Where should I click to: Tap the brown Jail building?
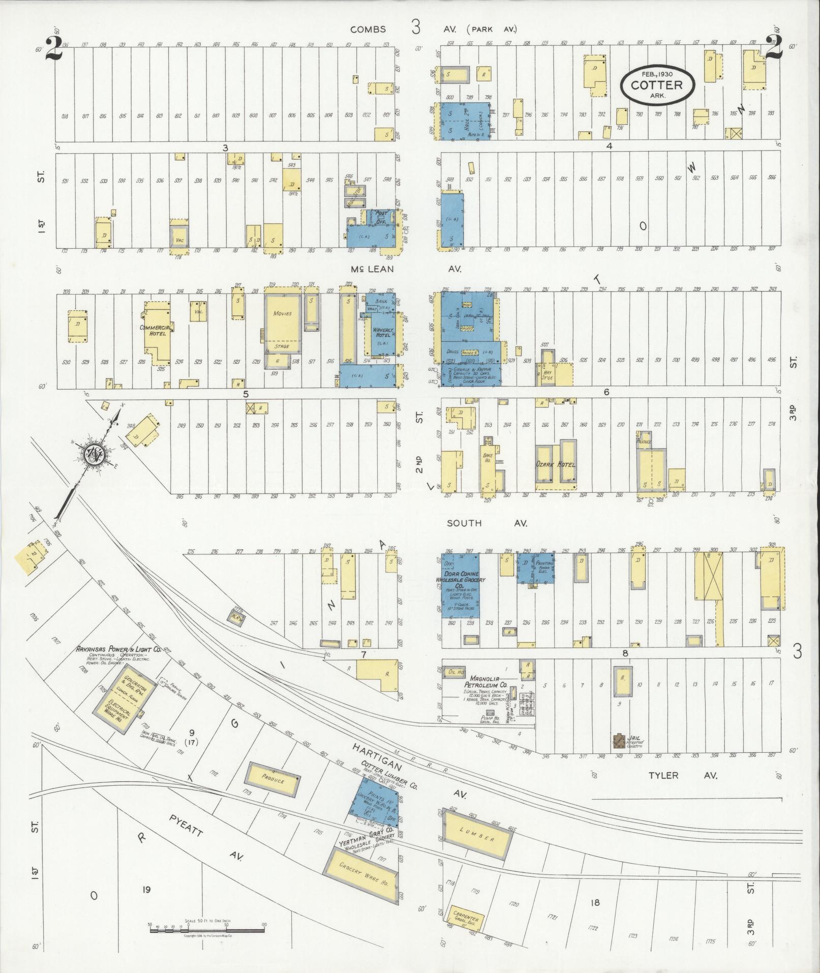click(x=620, y=741)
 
